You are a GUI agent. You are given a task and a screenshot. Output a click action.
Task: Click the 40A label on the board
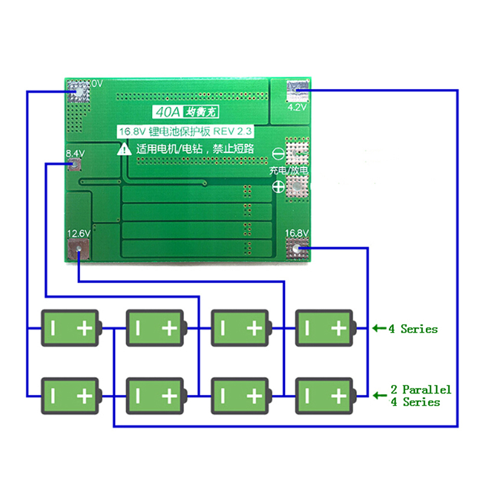tap(163, 112)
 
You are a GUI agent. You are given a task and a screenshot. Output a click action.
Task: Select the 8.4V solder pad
tap(76, 165)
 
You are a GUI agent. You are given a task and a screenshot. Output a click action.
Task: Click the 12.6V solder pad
tap(78, 249)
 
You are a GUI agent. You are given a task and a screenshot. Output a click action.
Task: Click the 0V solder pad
tap(79, 92)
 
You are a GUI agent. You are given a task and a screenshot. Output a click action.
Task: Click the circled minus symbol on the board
tap(278, 154)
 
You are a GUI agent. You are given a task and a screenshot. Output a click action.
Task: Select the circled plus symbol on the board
tap(278, 187)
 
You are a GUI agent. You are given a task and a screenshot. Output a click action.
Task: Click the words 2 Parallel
tap(421, 389)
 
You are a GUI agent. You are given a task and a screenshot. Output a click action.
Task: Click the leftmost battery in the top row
tap(70, 328)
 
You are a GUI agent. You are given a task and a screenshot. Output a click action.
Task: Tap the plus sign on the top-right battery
tap(339, 328)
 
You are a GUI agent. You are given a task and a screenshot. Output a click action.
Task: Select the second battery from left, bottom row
tap(155, 396)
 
